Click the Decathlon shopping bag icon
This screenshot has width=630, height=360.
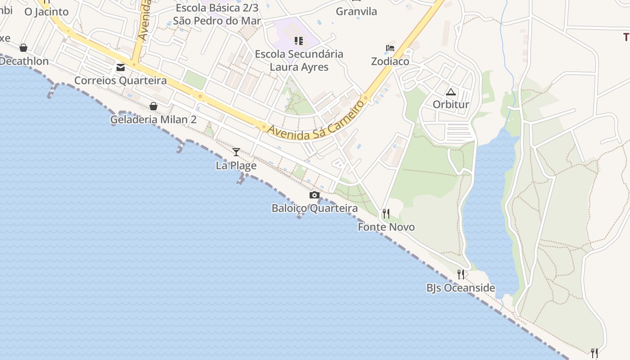pyautogui.click(x=23, y=48)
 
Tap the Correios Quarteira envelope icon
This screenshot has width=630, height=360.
pyautogui.click(x=121, y=67)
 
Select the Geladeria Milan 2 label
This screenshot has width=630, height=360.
pyautogui.click(x=153, y=120)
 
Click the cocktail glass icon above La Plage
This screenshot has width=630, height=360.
pyautogui.click(x=236, y=152)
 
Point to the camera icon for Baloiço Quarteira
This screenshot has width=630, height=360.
pyautogui.click(x=315, y=195)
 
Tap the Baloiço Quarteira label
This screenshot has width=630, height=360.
pyautogui.click(x=315, y=208)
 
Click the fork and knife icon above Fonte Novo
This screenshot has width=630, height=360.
pyautogui.click(x=386, y=213)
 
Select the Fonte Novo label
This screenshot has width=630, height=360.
pyautogui.click(x=386, y=227)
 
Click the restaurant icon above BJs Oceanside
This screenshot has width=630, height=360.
pyautogui.click(x=461, y=274)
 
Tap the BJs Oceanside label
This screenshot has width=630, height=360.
pyautogui.click(x=461, y=288)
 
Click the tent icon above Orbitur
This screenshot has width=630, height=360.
pyautogui.click(x=451, y=92)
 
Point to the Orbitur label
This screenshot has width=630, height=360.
pyautogui.click(x=451, y=104)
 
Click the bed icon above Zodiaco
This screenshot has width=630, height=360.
pyautogui.click(x=390, y=48)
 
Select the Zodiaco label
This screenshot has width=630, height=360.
pyautogui.click(x=390, y=61)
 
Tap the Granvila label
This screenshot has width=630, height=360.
pyautogui.click(x=356, y=12)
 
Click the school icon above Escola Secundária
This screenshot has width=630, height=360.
pyautogui.click(x=299, y=41)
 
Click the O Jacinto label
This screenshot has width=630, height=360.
pyautogui.click(x=46, y=12)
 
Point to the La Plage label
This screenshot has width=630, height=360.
pyautogui.click(x=236, y=166)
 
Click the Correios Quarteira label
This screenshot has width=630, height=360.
pyautogui.click(x=121, y=81)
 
